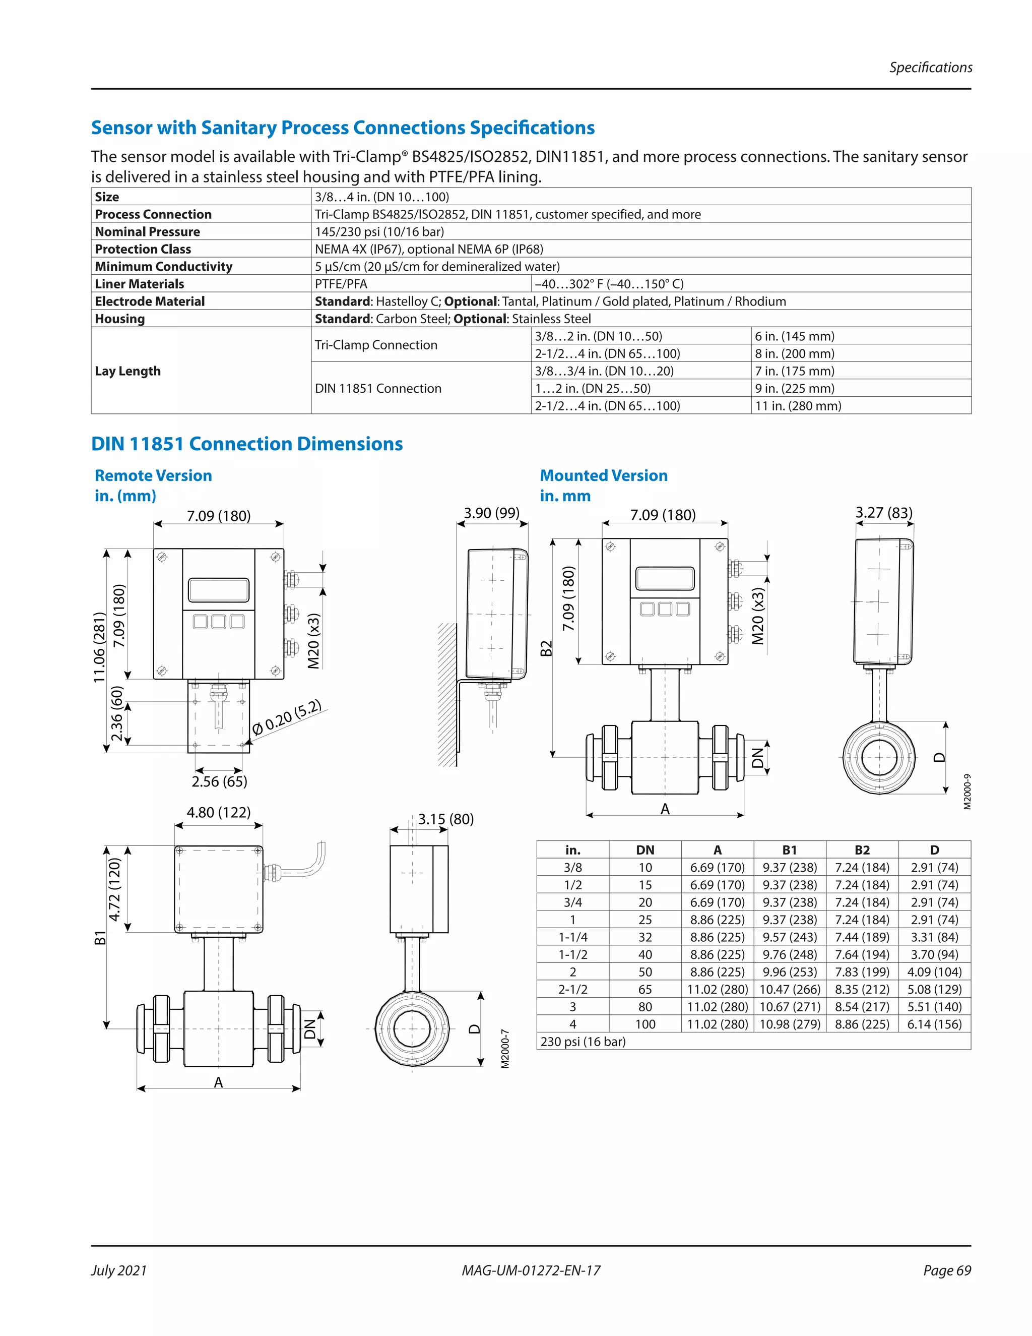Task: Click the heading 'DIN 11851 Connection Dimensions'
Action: click(x=246, y=444)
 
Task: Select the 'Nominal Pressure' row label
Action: click(x=147, y=231)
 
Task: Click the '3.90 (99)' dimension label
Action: click(x=491, y=513)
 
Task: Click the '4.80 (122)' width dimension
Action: click(x=218, y=812)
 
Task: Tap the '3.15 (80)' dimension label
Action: click(x=445, y=819)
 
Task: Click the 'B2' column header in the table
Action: click(x=862, y=849)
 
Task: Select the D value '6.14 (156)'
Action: click(x=934, y=1024)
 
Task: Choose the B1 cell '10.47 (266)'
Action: click(x=789, y=989)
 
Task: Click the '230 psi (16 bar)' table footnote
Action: click(x=583, y=1041)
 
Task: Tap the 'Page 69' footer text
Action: click(x=946, y=1270)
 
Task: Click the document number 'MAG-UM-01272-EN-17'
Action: click(x=531, y=1270)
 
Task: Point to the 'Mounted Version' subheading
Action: click(x=603, y=475)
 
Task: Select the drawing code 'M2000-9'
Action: click(x=967, y=792)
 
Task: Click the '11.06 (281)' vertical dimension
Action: click(x=99, y=647)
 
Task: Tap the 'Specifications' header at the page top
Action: click(x=930, y=67)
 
